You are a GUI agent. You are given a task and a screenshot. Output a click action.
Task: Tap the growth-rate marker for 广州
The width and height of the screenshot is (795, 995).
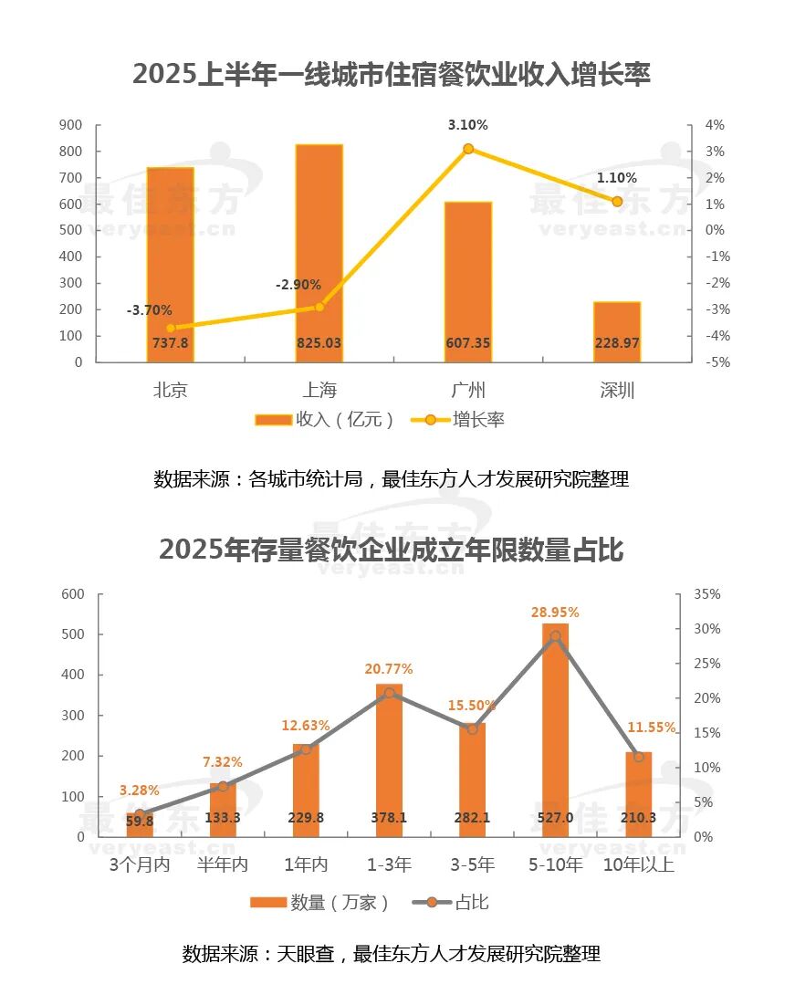tap(468, 149)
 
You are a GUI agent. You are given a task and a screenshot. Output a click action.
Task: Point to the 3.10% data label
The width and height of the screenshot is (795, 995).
tap(467, 125)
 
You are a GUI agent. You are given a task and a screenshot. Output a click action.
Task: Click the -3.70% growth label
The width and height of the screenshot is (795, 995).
tap(149, 311)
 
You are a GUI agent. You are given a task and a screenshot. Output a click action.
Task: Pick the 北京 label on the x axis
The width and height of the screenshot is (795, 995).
tap(171, 391)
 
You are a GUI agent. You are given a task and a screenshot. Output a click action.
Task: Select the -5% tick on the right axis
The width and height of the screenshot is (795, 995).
tap(715, 362)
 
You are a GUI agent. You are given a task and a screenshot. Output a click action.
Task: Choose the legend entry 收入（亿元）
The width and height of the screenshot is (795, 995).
tap(325, 420)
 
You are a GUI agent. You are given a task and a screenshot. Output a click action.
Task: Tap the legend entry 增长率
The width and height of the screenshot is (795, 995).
tap(465, 420)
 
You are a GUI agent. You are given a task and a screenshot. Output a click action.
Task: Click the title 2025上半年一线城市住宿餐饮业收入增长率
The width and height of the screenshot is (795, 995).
tap(392, 74)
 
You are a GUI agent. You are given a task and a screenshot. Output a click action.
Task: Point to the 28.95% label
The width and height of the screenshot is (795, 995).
tap(555, 612)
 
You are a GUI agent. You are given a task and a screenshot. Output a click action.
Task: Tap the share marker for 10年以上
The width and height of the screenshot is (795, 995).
tap(639, 757)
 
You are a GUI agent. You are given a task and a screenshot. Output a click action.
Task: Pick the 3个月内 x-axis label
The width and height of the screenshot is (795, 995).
tap(140, 864)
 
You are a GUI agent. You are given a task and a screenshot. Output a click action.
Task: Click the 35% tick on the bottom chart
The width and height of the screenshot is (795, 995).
tap(707, 594)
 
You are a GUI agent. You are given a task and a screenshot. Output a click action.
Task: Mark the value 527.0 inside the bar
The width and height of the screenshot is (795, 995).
tap(555, 818)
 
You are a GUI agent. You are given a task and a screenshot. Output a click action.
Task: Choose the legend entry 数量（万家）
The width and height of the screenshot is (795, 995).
tap(320, 903)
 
